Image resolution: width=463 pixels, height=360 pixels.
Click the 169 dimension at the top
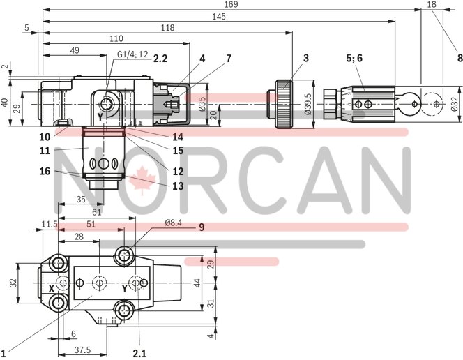(231, 6)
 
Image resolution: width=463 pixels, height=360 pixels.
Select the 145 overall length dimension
(219, 16)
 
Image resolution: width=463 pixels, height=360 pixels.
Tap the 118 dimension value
(167, 27)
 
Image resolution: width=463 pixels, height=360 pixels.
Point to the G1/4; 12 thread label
(132, 54)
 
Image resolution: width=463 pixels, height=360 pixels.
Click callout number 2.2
(160, 59)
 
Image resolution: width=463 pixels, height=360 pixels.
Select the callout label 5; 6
(354, 59)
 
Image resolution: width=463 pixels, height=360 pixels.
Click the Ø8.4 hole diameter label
(174, 223)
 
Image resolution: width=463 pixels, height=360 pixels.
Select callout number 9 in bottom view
(202, 226)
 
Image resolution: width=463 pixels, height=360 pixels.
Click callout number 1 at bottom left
(4, 352)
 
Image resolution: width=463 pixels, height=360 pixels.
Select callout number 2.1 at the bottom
(139, 353)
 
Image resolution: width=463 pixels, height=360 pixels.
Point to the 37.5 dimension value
(82, 349)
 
